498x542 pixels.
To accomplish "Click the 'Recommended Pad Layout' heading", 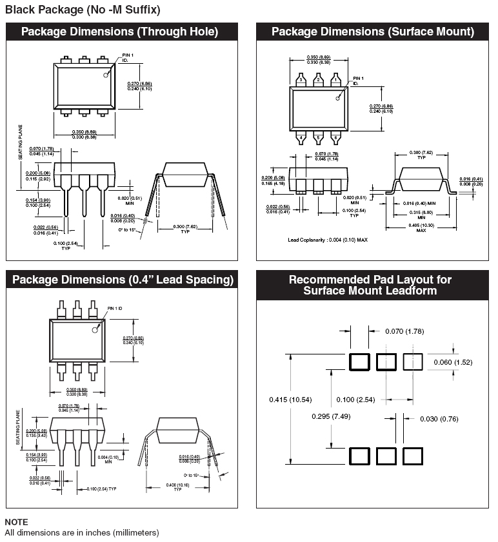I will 370,285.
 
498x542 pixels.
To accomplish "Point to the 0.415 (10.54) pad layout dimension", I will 290,400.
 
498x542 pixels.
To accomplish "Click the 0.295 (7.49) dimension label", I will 332,416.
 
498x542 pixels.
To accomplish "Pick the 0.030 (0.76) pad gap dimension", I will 439,419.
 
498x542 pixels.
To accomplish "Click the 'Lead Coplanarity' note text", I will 328,240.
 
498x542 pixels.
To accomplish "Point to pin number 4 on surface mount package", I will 301,137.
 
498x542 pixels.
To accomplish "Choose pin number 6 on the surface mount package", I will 335,137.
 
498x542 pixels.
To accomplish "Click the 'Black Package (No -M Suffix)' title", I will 83,10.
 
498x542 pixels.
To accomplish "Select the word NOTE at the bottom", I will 16,522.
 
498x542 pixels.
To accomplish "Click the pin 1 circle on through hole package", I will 106,75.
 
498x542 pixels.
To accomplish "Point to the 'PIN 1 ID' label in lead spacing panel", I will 115,309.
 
